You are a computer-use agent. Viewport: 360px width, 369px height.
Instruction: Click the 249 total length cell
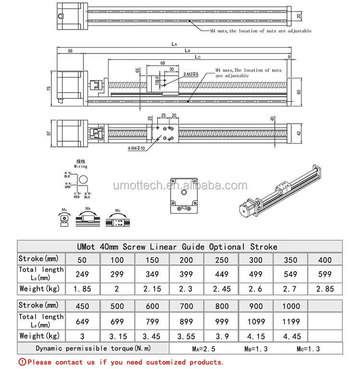[x=83, y=274]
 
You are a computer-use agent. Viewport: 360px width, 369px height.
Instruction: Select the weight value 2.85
[x=325, y=289]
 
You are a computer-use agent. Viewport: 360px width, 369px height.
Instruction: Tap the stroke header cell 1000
[x=291, y=306]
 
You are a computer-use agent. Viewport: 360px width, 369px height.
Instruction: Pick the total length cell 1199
[x=291, y=321]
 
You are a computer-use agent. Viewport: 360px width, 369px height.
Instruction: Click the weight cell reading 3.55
[x=187, y=336]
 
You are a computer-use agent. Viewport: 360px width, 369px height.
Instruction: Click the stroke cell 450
[x=83, y=306]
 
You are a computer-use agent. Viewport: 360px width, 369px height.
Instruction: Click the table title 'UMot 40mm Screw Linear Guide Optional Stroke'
[x=177, y=247]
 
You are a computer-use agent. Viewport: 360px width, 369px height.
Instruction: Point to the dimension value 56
[x=70, y=51]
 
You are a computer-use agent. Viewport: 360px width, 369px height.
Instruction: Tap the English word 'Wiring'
[x=81, y=167]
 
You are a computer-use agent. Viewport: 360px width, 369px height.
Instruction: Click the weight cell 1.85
[x=83, y=289]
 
